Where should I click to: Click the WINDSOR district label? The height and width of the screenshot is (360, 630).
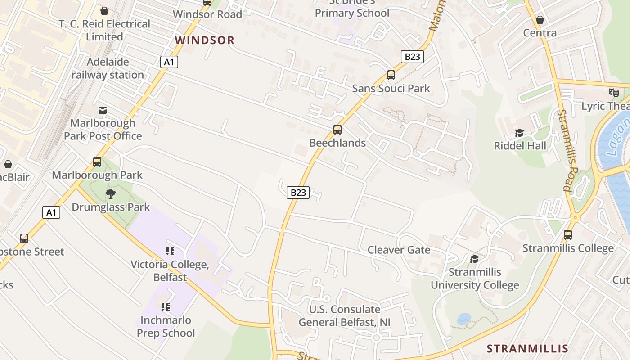pos(205,40)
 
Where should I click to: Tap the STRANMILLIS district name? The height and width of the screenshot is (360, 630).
pos(527,348)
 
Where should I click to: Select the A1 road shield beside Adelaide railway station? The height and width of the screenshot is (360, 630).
pos(169,62)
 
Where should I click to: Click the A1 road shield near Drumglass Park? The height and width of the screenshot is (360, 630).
pos(51,212)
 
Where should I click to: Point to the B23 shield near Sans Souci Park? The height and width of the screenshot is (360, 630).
pos(412,57)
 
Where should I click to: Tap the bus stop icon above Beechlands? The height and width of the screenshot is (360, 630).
pos(337,130)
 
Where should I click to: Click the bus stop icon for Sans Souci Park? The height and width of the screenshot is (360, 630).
pos(391,75)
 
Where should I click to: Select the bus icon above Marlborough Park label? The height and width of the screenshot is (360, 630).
pos(97,162)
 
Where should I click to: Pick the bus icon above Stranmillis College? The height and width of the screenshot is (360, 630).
pos(568,235)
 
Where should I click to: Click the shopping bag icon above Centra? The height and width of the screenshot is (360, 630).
pos(540,20)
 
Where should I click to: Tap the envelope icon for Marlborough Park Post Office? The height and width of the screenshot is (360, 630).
pos(103,110)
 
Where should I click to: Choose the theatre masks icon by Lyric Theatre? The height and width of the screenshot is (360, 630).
pos(613,93)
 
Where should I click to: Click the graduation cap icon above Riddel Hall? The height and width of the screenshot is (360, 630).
pos(520,133)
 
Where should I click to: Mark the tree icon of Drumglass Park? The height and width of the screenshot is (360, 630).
pos(111,194)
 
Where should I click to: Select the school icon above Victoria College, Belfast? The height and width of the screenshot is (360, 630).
pos(170,251)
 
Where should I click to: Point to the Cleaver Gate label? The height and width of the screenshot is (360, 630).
pos(399,250)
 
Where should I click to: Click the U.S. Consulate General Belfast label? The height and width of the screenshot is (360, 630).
pos(345,316)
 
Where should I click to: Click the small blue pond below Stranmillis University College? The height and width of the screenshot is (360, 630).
pos(464,319)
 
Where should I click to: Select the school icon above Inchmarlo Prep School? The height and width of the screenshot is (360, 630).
pos(165,307)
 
